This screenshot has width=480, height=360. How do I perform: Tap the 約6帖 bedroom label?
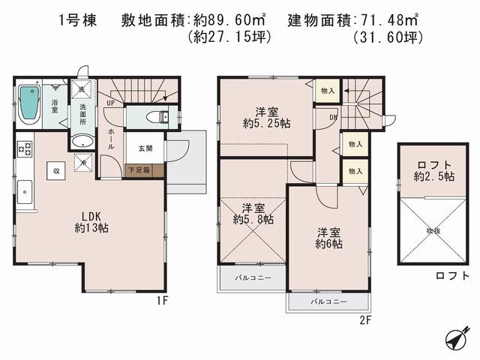click(x=328, y=238)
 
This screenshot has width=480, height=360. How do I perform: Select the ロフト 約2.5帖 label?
click(x=427, y=171)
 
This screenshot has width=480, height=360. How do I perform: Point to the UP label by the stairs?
click(x=110, y=102)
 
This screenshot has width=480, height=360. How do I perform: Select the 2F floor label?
click(x=364, y=318)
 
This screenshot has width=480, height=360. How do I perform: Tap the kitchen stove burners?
click(x=22, y=148)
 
